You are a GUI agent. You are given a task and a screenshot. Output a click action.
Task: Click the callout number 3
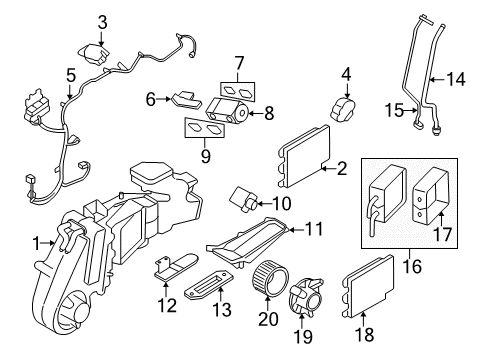pyautogui.click(x=102, y=21)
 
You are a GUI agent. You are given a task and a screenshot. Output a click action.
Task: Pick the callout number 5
pyautogui.click(x=69, y=76)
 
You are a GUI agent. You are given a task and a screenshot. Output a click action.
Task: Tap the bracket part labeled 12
pyautogui.click(x=172, y=270)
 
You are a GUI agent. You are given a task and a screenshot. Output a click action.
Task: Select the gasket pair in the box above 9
pyautogui.click(x=204, y=128)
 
